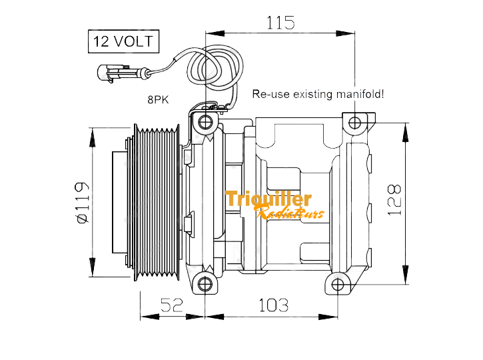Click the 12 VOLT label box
pyautogui.click(x=123, y=41)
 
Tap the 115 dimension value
pyautogui.click(x=280, y=23)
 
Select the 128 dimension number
pyautogui.click(x=394, y=200)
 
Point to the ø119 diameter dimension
pyautogui.click(x=82, y=202)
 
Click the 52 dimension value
pyautogui.click(x=172, y=305)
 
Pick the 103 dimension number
pyautogui.click(x=274, y=305)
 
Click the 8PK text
pyautogui.click(x=158, y=99)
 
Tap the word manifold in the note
pyautogui.click(x=360, y=94)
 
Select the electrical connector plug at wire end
pyautogui.click(x=113, y=73)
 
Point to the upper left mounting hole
pyautogui.click(x=205, y=123)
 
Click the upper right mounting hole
pyautogui.click(x=354, y=123)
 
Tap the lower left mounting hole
pyautogui.click(x=205, y=284)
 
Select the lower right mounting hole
pyautogui.click(x=338, y=284)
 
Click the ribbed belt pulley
pyautogui.click(x=157, y=203)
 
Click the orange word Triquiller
pyautogui.click(x=268, y=199)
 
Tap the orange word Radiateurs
pyautogui.click(x=290, y=212)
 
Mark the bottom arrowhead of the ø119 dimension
pyautogui.click(x=92, y=267)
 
